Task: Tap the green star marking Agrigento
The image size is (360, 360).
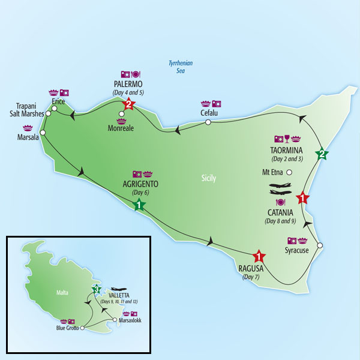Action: [139, 205]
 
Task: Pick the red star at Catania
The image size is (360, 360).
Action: [304, 197]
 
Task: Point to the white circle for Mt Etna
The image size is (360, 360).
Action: [289, 173]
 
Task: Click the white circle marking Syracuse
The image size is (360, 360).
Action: [319, 245]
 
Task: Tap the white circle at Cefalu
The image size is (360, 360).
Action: [208, 122]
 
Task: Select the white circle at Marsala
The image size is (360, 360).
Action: [43, 133]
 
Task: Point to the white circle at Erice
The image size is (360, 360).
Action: [55, 110]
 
